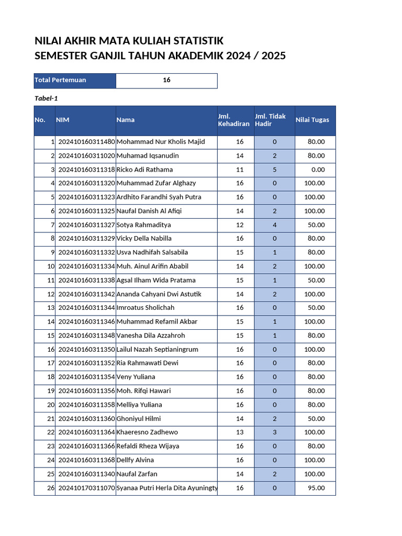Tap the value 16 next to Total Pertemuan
click(166, 80)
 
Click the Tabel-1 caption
click(46, 98)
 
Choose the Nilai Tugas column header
click(312, 120)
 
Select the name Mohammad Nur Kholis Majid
click(161, 142)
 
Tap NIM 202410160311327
click(86, 225)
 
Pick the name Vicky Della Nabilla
click(144, 239)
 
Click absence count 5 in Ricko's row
click(274, 170)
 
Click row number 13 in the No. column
click(51, 308)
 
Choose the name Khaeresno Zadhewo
click(147, 432)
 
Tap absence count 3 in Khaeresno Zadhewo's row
click(274, 432)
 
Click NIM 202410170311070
click(86, 488)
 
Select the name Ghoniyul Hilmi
click(139, 419)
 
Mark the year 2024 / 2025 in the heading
click(256, 56)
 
